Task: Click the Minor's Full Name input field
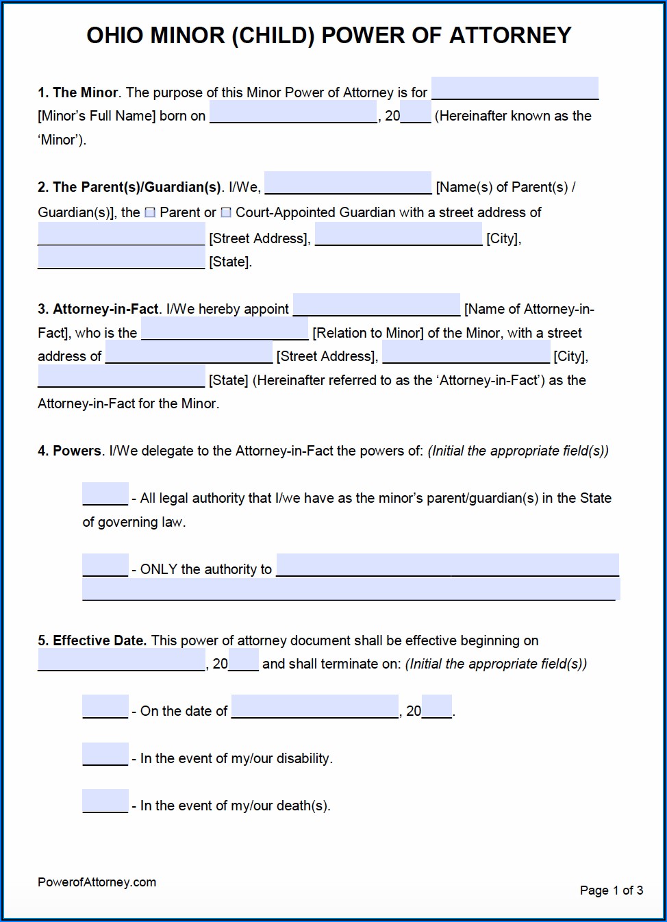coord(514,88)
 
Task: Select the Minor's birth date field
coord(293,112)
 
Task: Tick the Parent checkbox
coord(151,213)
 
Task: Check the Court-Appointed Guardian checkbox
coord(226,213)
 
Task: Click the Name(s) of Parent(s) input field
coord(348,183)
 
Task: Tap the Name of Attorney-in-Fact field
coord(377,305)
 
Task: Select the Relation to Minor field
coord(225,329)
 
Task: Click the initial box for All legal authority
coord(105,494)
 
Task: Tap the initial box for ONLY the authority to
coord(105,565)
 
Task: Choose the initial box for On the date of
coord(105,707)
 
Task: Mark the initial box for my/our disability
coord(105,754)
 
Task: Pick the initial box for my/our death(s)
coord(105,801)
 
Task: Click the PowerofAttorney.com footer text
coord(97,882)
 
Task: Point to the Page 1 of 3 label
coord(611,890)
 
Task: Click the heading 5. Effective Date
coord(92,640)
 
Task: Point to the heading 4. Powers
coord(69,451)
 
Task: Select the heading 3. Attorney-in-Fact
coord(98,309)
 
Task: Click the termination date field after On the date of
coord(315,707)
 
